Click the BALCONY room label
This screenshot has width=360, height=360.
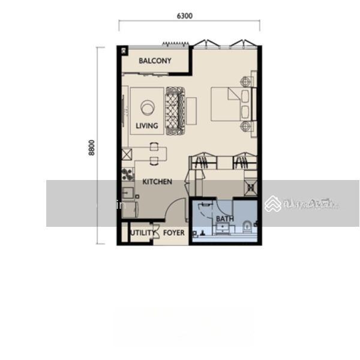[x=155, y=61]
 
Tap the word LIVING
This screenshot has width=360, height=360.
[x=147, y=126]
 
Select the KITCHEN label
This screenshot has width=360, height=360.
[x=157, y=181]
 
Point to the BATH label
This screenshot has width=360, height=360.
[x=225, y=219]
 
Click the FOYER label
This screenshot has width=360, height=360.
[x=173, y=233]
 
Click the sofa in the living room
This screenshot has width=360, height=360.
[x=176, y=110]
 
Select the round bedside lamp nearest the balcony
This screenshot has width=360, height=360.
[x=246, y=80]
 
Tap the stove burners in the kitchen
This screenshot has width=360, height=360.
[x=127, y=175]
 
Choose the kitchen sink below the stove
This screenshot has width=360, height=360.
[x=127, y=193]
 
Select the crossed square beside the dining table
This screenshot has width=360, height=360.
[x=126, y=154]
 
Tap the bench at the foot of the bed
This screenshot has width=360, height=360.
[x=191, y=110]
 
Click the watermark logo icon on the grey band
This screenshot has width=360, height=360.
[x=273, y=204]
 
